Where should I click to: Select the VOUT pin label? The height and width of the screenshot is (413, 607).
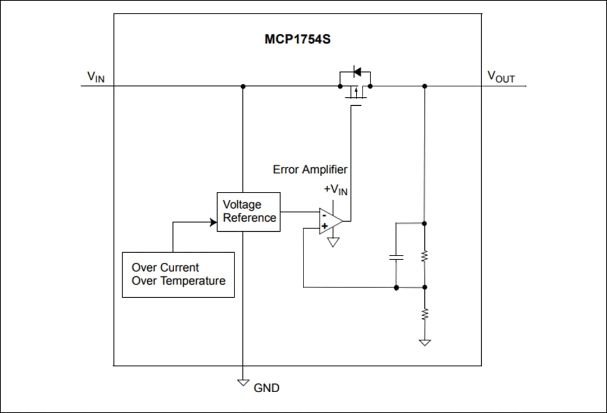[500, 77]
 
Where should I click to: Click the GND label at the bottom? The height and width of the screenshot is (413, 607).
[266, 388]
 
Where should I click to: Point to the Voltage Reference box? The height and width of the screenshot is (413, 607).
[248, 212]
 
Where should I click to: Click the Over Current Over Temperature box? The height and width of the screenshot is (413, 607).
[178, 275]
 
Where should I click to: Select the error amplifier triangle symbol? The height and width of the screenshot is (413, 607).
[330, 221]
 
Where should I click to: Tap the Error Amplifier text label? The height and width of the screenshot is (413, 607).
[310, 169]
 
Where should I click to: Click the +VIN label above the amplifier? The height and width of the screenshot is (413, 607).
[336, 190]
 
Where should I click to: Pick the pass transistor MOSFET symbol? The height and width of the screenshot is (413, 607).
[355, 91]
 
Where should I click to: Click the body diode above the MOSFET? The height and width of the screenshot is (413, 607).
[356, 72]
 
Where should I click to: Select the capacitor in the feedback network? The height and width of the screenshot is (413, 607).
[396, 257]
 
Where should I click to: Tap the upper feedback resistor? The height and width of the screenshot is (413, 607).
[424, 257]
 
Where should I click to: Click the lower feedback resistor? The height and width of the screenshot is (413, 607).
[424, 313]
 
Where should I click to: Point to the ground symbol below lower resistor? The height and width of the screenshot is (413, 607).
[424, 342]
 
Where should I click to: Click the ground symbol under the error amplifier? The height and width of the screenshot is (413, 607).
[333, 243]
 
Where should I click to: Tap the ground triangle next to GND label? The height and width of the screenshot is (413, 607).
[243, 383]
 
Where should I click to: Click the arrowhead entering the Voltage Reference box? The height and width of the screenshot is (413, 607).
[214, 222]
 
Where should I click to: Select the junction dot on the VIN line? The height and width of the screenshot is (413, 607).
[243, 86]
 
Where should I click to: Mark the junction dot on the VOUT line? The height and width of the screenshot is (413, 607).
[424, 86]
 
